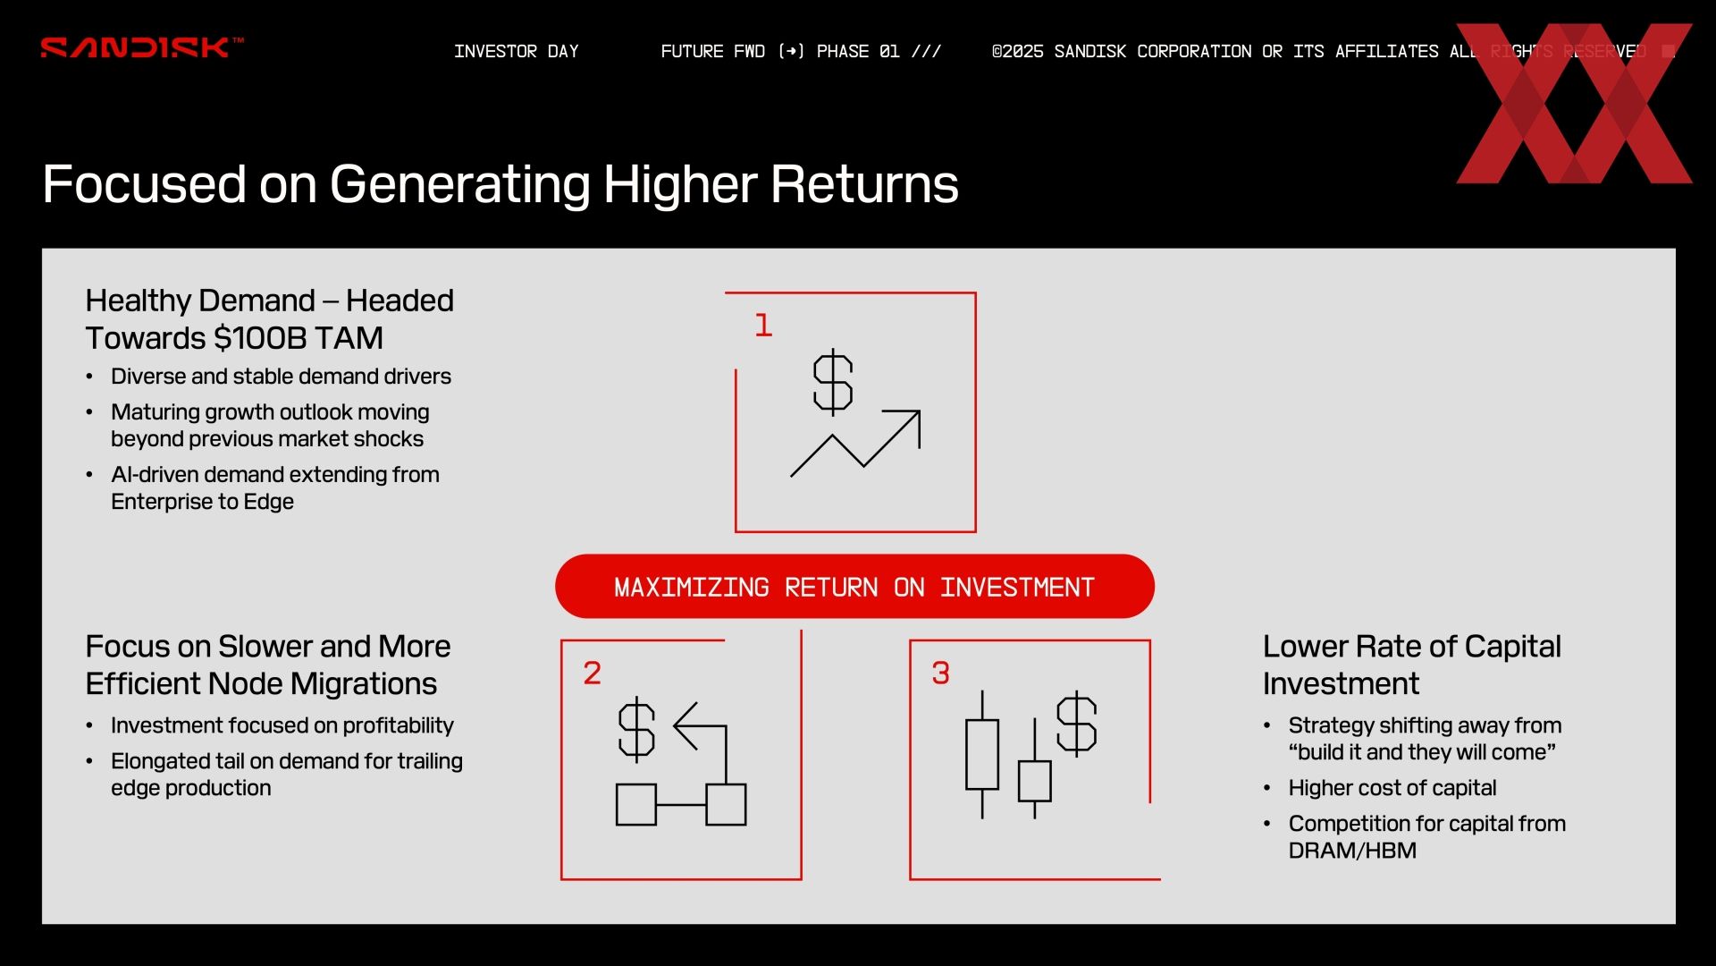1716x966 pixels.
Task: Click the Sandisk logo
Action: pos(141,47)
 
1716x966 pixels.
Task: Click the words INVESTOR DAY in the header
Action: pos(517,51)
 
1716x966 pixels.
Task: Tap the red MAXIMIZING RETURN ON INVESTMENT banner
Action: pos(854,586)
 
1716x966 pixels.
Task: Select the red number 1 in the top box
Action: pos(762,325)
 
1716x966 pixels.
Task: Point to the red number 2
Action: pos(592,673)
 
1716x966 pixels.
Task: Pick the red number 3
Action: pos(940,673)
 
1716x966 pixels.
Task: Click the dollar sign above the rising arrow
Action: pos(833,382)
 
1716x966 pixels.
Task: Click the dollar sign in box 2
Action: pos(636,729)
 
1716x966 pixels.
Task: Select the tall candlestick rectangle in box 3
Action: pos(982,755)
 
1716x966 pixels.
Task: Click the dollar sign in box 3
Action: pos(1076,723)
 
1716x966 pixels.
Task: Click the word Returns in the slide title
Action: pos(864,184)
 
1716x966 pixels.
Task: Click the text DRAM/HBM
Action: pos(1352,851)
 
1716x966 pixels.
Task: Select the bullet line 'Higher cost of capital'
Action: pos(1392,788)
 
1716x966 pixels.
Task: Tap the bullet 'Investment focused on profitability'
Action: pos(282,725)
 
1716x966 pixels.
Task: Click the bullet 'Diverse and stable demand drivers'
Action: pos(281,377)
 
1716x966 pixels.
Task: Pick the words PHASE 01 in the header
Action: pos(858,51)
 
